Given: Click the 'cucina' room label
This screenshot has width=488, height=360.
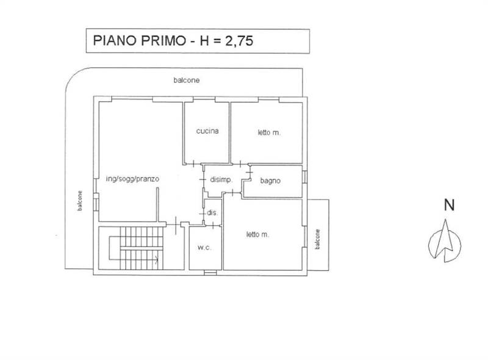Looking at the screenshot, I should click(x=207, y=131).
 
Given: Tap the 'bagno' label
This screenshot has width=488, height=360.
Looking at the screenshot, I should click(x=270, y=181).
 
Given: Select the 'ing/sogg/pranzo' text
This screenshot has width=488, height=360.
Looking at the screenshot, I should click(x=132, y=179).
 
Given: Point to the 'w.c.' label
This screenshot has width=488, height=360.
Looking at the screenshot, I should click(x=203, y=248).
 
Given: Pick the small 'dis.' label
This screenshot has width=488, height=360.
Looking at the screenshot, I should click(x=213, y=213).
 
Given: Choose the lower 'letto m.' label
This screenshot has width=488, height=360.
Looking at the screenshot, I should click(x=258, y=234).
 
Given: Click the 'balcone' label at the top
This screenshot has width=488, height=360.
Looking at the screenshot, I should click(x=186, y=80).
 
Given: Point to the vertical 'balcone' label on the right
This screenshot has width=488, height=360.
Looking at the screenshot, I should click(x=318, y=239).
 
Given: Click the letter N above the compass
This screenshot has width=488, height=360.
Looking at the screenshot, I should click(x=449, y=206).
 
